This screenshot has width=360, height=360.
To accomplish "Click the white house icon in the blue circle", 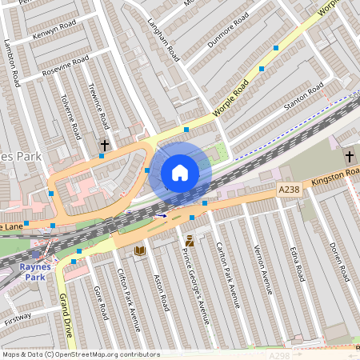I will (180, 172).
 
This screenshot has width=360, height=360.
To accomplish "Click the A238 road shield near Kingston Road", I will (289, 189).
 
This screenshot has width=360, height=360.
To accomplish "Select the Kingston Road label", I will (335, 174).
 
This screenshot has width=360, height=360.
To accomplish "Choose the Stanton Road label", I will (303, 95).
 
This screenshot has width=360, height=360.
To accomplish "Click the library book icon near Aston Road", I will (141, 251).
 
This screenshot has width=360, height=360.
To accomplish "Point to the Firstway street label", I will (18, 318).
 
